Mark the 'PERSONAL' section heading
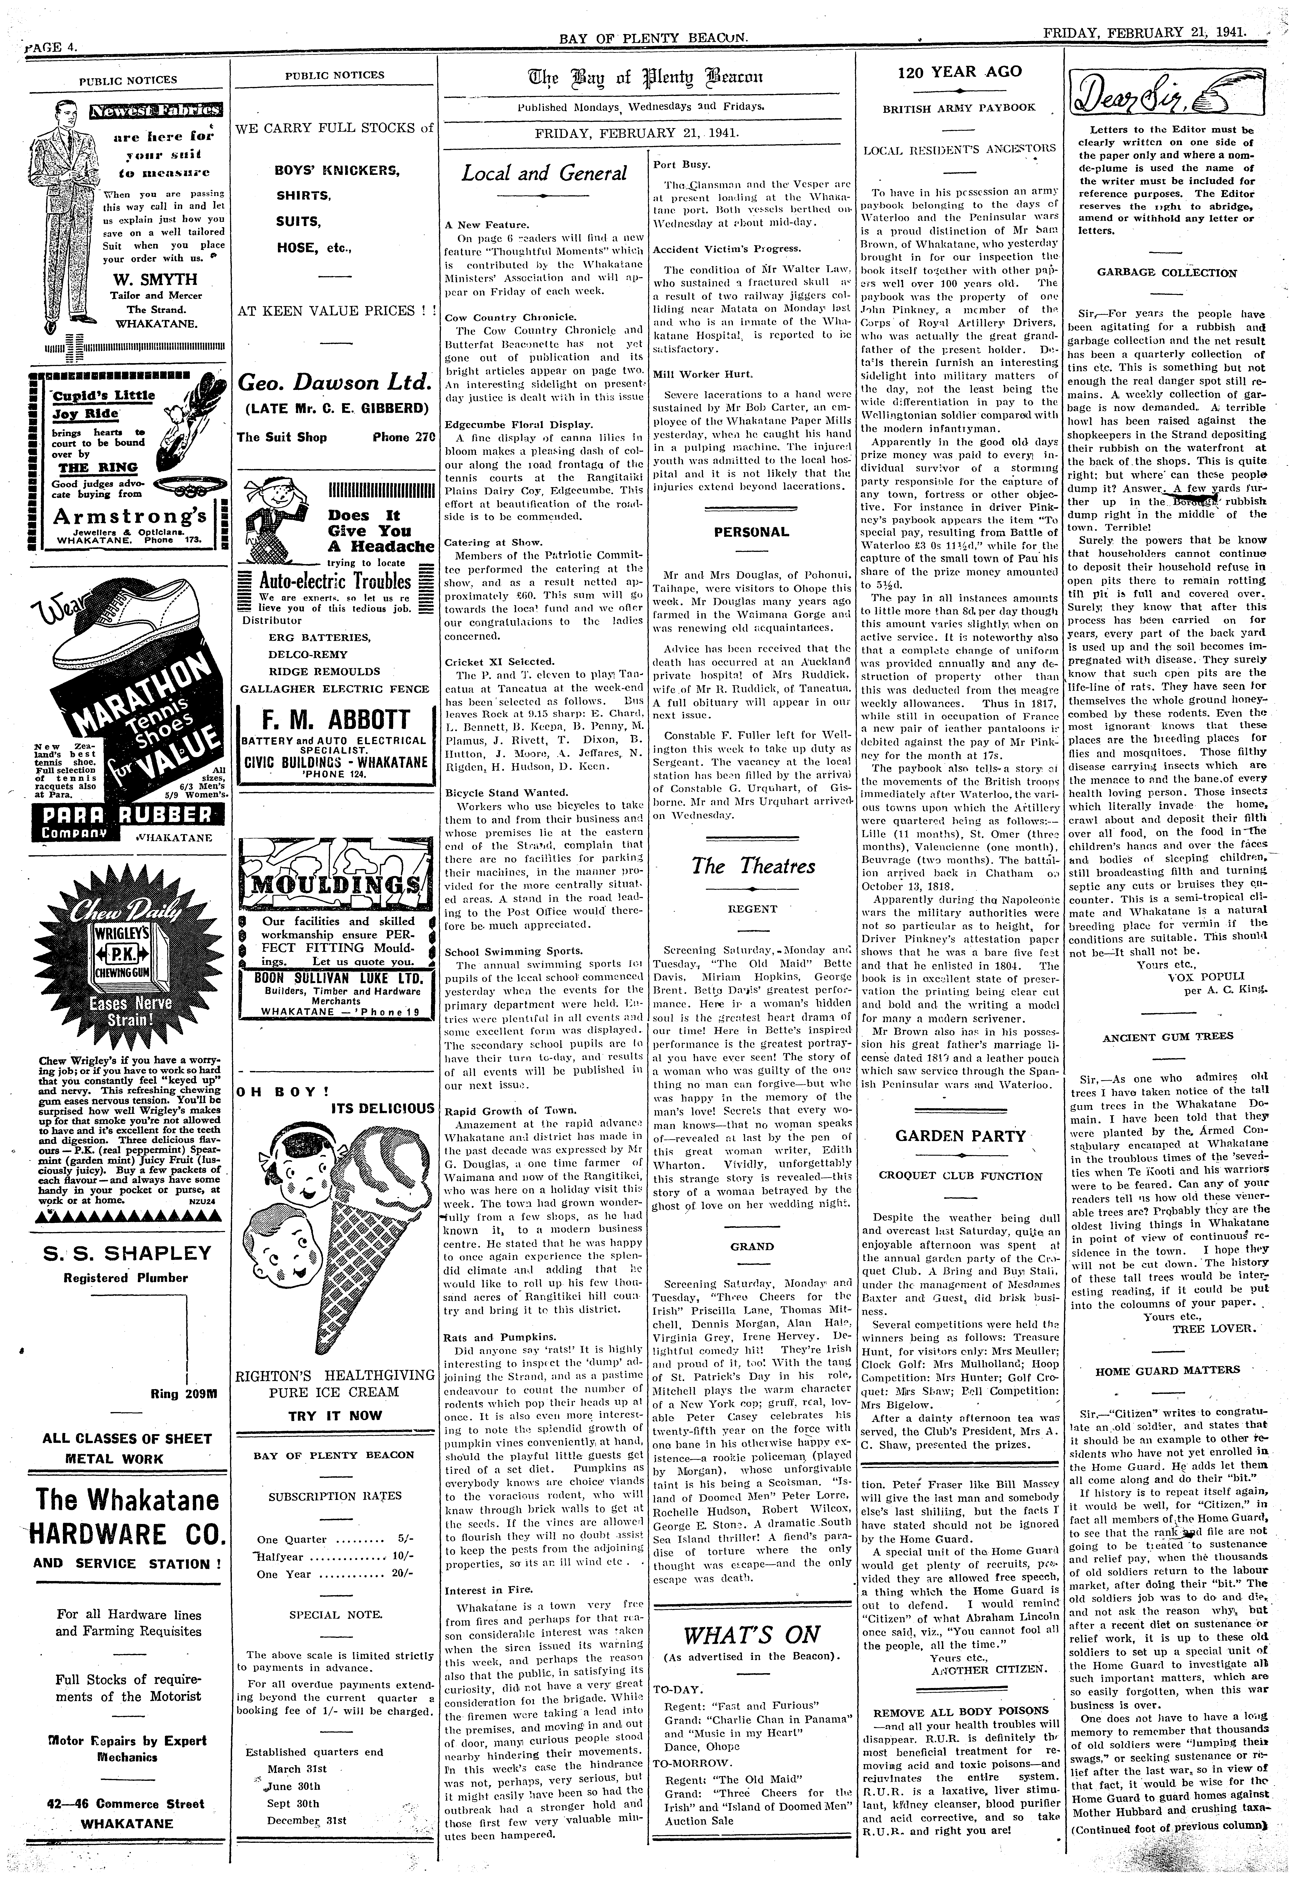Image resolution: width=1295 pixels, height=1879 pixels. (751, 532)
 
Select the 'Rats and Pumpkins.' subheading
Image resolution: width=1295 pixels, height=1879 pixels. (488, 1336)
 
